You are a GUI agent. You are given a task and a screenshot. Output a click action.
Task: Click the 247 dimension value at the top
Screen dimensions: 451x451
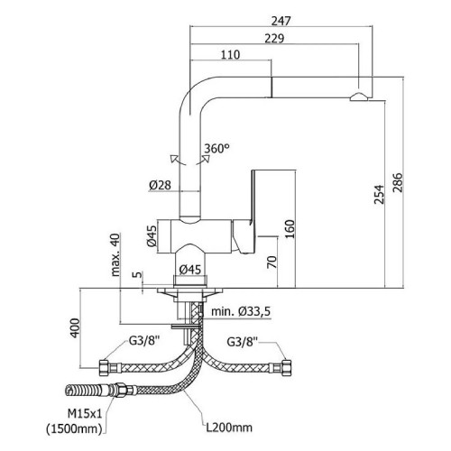(x=281, y=21)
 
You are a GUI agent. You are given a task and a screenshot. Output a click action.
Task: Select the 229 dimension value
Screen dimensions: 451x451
(x=274, y=39)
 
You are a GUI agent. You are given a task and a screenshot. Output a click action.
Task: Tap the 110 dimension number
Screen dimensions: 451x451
(x=231, y=55)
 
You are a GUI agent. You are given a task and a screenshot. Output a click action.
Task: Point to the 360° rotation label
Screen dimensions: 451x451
(x=216, y=148)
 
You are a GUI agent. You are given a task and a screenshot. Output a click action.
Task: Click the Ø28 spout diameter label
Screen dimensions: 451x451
(x=160, y=185)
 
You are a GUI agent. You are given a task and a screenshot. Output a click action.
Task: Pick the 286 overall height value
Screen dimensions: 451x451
(x=397, y=182)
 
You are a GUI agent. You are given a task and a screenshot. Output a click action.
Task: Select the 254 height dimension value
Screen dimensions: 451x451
(x=379, y=195)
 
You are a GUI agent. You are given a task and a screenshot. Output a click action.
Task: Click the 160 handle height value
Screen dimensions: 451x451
(x=290, y=229)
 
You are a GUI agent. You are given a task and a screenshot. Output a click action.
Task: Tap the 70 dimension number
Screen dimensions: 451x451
(x=272, y=262)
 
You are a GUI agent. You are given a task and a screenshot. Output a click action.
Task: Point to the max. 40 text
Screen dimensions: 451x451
(x=115, y=254)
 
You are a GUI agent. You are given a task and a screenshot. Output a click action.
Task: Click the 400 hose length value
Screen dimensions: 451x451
(x=75, y=328)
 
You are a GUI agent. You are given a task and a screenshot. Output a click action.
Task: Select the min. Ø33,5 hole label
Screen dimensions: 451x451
(x=241, y=311)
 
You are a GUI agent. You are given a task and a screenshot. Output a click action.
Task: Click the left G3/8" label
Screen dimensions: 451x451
(x=144, y=341)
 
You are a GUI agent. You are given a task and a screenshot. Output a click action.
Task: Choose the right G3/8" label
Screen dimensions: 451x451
(x=243, y=342)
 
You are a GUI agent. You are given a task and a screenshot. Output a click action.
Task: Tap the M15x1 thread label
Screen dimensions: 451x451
(x=85, y=414)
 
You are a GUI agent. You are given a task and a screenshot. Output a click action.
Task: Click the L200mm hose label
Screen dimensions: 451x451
(x=229, y=428)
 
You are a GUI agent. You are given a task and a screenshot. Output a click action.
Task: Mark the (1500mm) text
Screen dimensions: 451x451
(x=74, y=428)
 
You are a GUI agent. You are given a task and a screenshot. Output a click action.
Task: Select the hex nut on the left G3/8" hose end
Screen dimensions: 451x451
(x=104, y=367)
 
